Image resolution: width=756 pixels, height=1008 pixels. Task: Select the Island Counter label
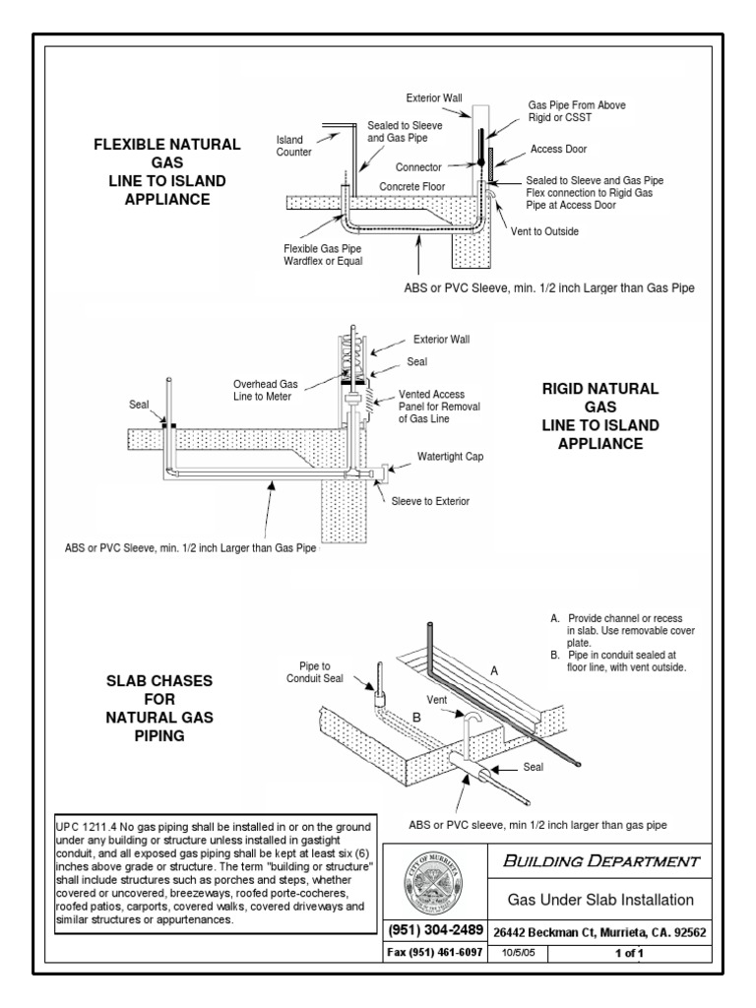pos(294,147)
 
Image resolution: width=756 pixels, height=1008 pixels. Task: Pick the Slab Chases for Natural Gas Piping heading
pos(159,708)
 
